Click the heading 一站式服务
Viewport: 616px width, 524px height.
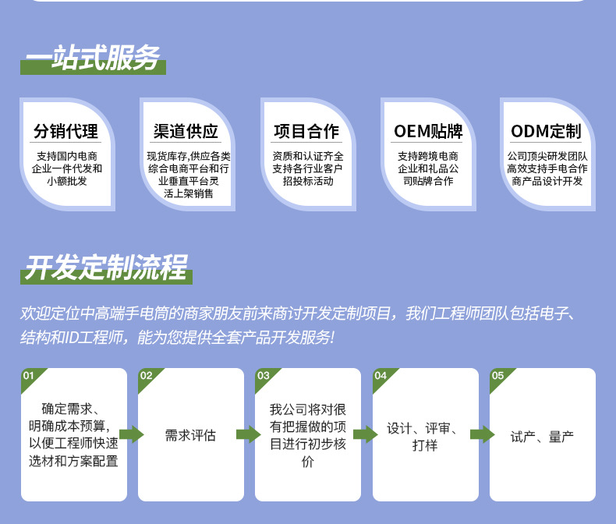pos(93,58)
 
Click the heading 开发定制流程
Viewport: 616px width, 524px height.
pos(106,267)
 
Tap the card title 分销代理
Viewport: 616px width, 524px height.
pos(65,131)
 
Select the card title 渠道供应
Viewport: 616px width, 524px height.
pos(186,131)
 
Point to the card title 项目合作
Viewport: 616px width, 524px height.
pos(306,131)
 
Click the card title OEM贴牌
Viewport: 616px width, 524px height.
pos(427,131)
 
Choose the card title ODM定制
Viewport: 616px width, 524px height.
pos(547,131)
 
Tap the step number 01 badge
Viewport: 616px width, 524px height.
pos(30,376)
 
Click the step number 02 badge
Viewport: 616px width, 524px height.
pos(147,376)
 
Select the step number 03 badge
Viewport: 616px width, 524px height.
pos(264,376)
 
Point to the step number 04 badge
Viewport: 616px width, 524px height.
pos(381,376)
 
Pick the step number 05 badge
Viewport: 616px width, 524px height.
pos(497,376)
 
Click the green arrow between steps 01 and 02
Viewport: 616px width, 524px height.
pos(132,434)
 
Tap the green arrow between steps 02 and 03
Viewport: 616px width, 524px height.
pos(249,434)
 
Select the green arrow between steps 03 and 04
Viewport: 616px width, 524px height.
pos(366,434)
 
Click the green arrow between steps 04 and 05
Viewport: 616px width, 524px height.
pos(483,434)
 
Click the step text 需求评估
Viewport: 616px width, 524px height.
pos(190,435)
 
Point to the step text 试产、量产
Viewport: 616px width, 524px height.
pos(542,437)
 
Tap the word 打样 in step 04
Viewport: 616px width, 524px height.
pos(425,445)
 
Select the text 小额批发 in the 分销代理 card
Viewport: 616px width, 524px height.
pos(66,181)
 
